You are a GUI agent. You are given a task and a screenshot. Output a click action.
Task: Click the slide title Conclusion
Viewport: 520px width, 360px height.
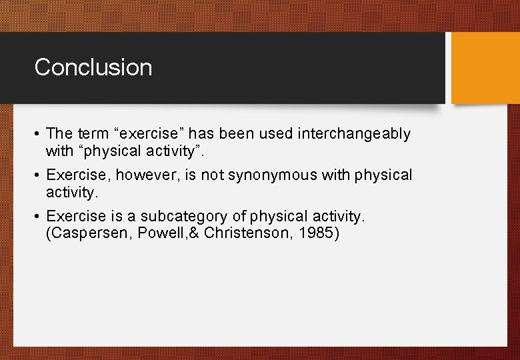[93, 67]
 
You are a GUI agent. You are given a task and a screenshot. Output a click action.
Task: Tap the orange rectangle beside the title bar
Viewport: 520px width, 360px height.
[485, 68]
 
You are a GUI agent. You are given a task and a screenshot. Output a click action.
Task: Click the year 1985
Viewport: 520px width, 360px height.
[324, 233]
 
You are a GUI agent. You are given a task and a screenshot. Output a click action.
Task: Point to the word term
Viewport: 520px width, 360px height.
[91, 134]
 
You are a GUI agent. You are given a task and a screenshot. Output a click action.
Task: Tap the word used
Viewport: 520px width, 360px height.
[275, 134]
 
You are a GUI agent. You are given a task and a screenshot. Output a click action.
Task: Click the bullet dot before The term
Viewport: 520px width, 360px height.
[37, 135]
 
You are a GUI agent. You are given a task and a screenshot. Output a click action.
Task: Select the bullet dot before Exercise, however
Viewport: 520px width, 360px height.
[37, 176]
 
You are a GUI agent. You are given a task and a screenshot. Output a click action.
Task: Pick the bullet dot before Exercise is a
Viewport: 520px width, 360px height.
[37, 217]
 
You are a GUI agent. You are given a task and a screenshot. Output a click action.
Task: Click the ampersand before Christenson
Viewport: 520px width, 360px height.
[195, 233]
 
